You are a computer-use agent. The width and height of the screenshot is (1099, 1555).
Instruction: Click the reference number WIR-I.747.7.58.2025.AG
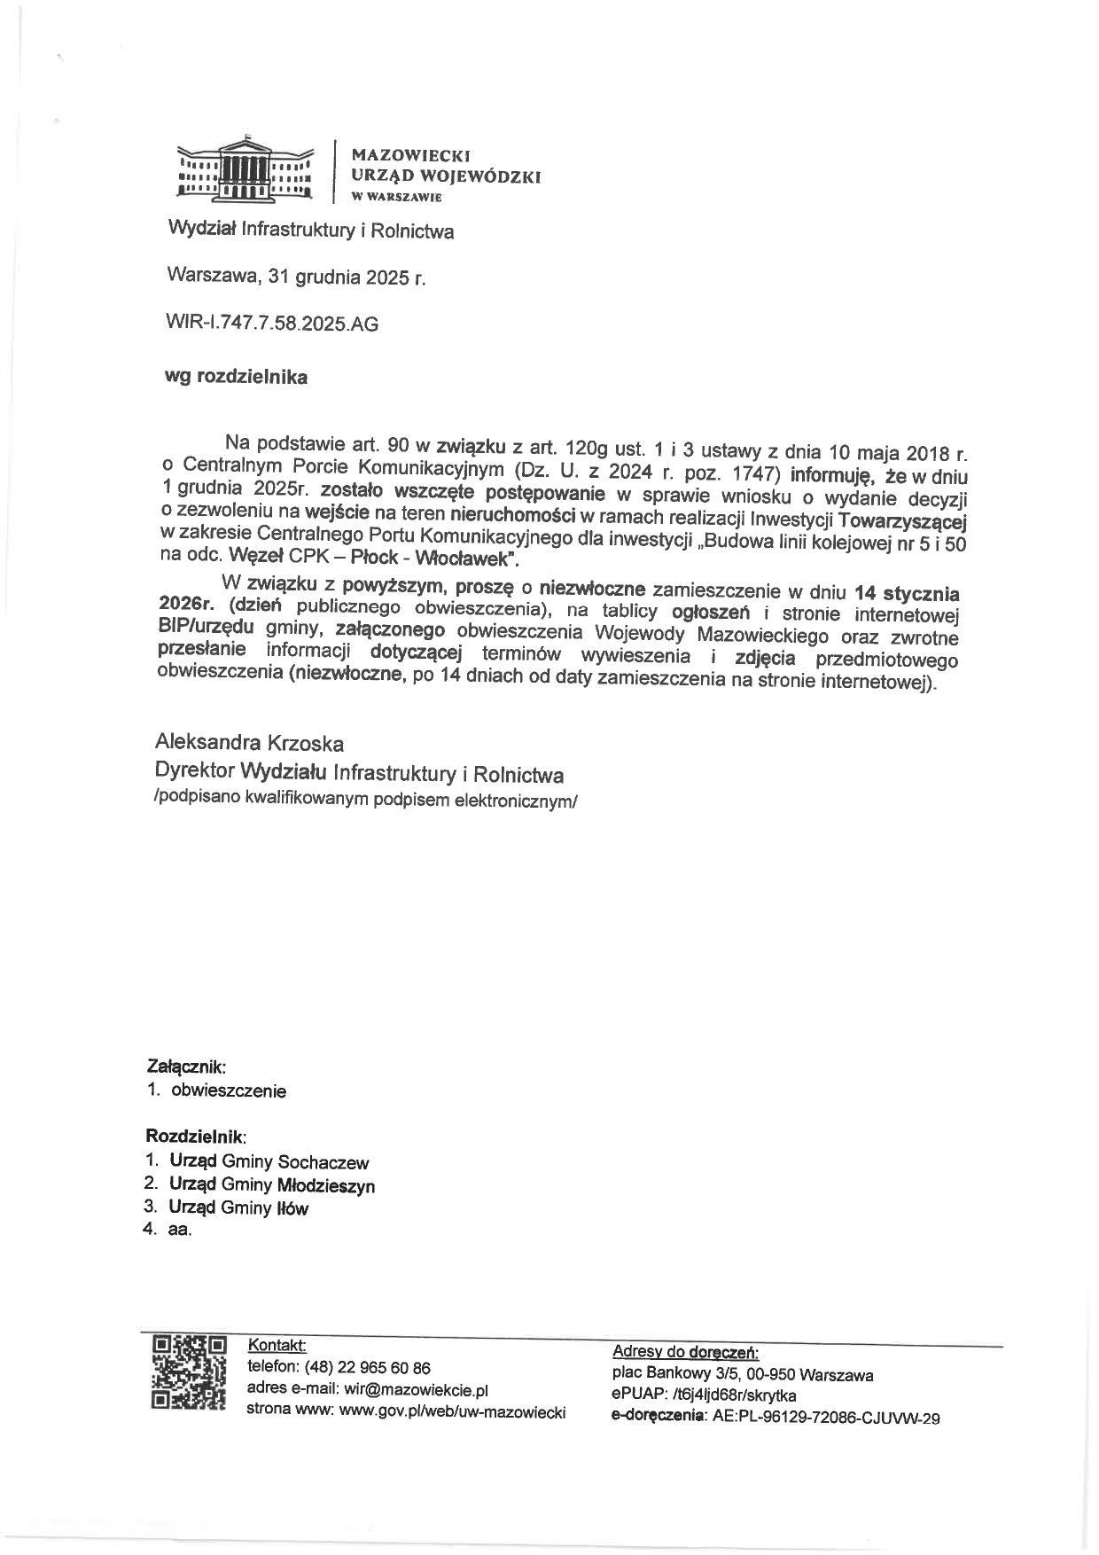tap(272, 324)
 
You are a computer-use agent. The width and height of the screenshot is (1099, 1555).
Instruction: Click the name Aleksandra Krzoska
tap(250, 743)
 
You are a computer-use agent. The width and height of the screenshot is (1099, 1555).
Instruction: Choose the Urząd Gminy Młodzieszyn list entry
tap(272, 1184)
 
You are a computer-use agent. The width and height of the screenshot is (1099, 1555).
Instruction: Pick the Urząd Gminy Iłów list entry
tap(239, 1207)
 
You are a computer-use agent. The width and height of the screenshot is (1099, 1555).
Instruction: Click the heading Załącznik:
tap(186, 1068)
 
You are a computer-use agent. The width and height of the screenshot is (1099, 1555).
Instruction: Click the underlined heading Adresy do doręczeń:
tap(685, 1352)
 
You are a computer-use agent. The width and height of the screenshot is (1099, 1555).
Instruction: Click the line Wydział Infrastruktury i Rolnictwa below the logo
tap(311, 232)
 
